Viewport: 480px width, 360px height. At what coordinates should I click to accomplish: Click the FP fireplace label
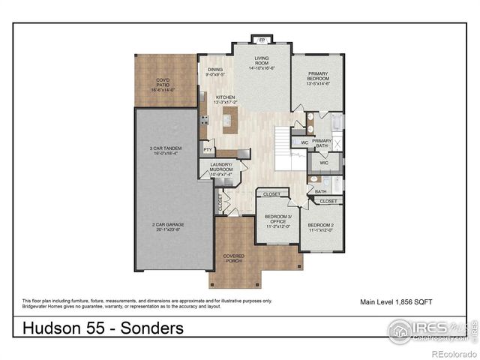coord(262,40)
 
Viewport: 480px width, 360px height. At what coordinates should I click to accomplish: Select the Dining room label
coord(214,72)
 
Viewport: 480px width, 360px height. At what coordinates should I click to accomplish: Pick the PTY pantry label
coord(208,151)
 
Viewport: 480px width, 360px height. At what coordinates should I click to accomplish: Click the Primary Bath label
coord(322,142)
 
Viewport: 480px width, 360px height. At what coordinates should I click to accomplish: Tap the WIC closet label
coord(324,162)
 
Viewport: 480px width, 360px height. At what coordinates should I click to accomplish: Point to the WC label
coord(304,142)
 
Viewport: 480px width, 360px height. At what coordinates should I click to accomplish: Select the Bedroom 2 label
coord(320,227)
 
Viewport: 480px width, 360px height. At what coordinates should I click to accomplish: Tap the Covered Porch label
coord(234,259)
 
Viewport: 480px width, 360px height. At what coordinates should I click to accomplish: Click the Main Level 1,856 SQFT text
coord(396,301)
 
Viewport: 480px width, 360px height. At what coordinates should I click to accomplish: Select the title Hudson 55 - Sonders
coord(103,328)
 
